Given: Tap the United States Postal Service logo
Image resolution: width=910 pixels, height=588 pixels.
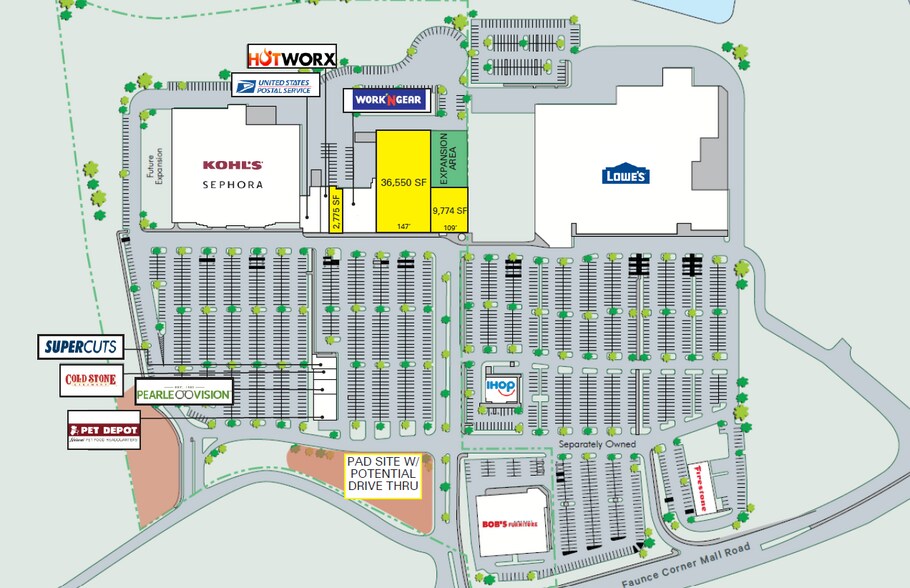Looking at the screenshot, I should point(276,85).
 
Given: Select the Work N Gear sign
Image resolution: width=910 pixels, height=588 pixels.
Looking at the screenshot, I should point(388,100).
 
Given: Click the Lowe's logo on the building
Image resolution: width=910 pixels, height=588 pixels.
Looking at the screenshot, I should point(626,175).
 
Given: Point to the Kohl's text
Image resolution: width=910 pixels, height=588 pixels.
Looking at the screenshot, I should point(233,165).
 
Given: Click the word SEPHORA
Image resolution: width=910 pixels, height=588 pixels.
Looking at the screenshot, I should point(233,185).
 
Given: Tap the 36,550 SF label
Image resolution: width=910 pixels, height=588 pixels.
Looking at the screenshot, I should point(404,182).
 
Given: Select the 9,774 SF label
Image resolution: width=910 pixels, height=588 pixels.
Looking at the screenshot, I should point(450,211).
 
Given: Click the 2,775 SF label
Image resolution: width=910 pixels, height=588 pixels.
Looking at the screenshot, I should point(337,211).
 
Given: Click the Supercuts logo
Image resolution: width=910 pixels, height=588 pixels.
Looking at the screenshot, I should point(81,347).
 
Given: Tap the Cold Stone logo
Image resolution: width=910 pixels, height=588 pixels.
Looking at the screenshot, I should point(90,380).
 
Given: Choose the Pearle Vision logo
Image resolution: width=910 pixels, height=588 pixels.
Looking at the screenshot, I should point(183,393).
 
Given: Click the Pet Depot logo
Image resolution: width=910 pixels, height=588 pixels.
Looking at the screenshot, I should point(104,430).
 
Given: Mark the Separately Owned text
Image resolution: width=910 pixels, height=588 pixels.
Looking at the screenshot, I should point(601,442).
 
